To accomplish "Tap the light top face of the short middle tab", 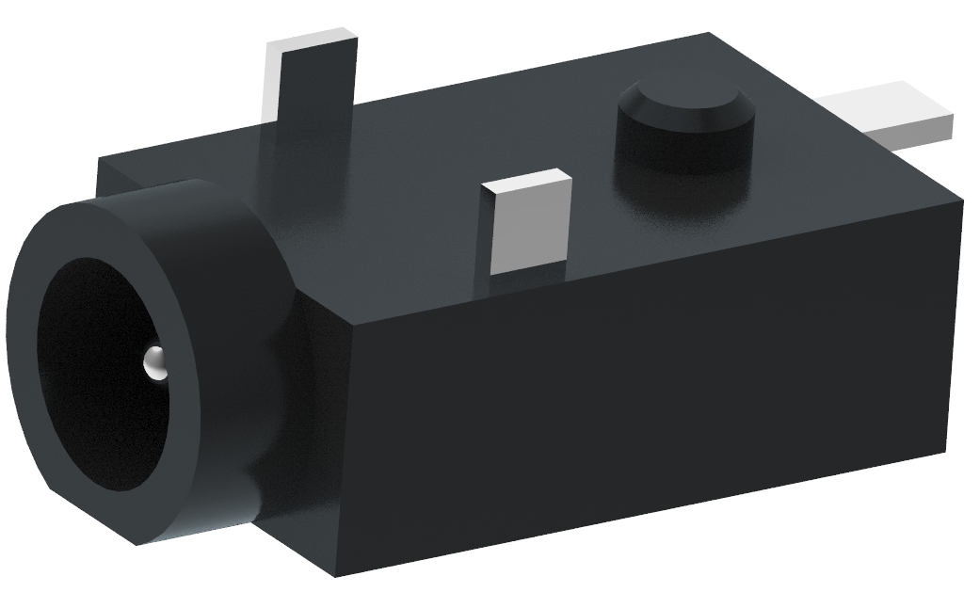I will pyautogui.click(x=526, y=182).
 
